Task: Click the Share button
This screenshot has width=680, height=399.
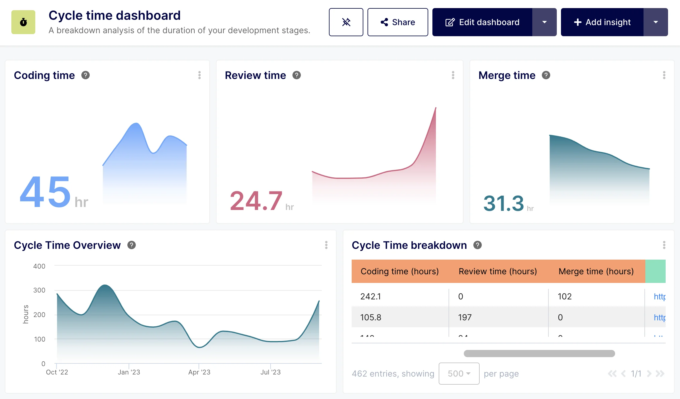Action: pos(397,22)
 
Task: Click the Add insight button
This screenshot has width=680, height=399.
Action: pos(602,22)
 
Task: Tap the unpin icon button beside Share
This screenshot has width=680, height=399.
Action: pos(346,22)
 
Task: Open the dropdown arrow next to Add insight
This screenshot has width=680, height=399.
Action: pos(655,22)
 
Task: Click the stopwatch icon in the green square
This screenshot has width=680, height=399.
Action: pos(23,22)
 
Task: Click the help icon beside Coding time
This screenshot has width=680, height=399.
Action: pos(86,75)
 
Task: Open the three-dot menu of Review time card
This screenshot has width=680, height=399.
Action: pos(453,75)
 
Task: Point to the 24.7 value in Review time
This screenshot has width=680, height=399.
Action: pos(256,201)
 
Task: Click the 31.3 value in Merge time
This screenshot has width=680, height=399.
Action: pos(504,203)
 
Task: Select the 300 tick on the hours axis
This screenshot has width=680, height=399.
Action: pos(39,290)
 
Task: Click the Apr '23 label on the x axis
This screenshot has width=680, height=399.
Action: pos(199,372)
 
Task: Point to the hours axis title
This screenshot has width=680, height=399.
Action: pos(26,314)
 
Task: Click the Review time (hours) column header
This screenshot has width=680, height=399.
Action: pos(498,271)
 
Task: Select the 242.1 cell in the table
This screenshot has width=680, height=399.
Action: pos(371,296)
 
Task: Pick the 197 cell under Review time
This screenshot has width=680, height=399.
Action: pos(465,317)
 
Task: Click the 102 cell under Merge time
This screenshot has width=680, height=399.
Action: pos(565,296)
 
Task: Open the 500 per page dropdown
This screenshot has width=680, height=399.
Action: pos(459,374)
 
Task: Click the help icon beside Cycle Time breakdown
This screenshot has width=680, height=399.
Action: pos(478,245)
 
